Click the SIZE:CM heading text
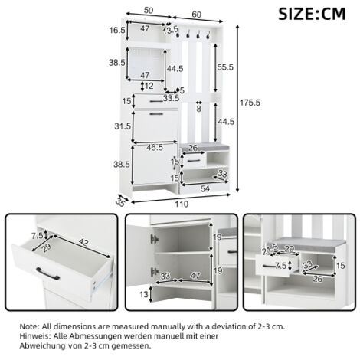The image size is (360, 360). tap(312, 14)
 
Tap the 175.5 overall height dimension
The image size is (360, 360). tap(250, 103)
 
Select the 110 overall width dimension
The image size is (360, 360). tap(182, 204)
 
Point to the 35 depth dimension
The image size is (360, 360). tap(119, 202)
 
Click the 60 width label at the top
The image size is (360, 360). tap(197, 15)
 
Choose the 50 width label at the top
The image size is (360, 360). tap(149, 11)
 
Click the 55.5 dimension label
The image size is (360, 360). tap(225, 67)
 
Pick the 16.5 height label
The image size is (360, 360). tap(117, 31)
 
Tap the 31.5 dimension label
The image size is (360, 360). tap(123, 126)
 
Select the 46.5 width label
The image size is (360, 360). tap(155, 147)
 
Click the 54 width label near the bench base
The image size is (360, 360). tap(205, 188)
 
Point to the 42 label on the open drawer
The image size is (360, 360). tap(83, 241)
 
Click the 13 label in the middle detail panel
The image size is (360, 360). tap(144, 294)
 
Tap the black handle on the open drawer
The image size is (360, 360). tap(48, 273)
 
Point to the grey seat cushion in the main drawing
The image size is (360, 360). tap(204, 147)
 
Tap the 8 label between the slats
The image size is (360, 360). tap(199, 109)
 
